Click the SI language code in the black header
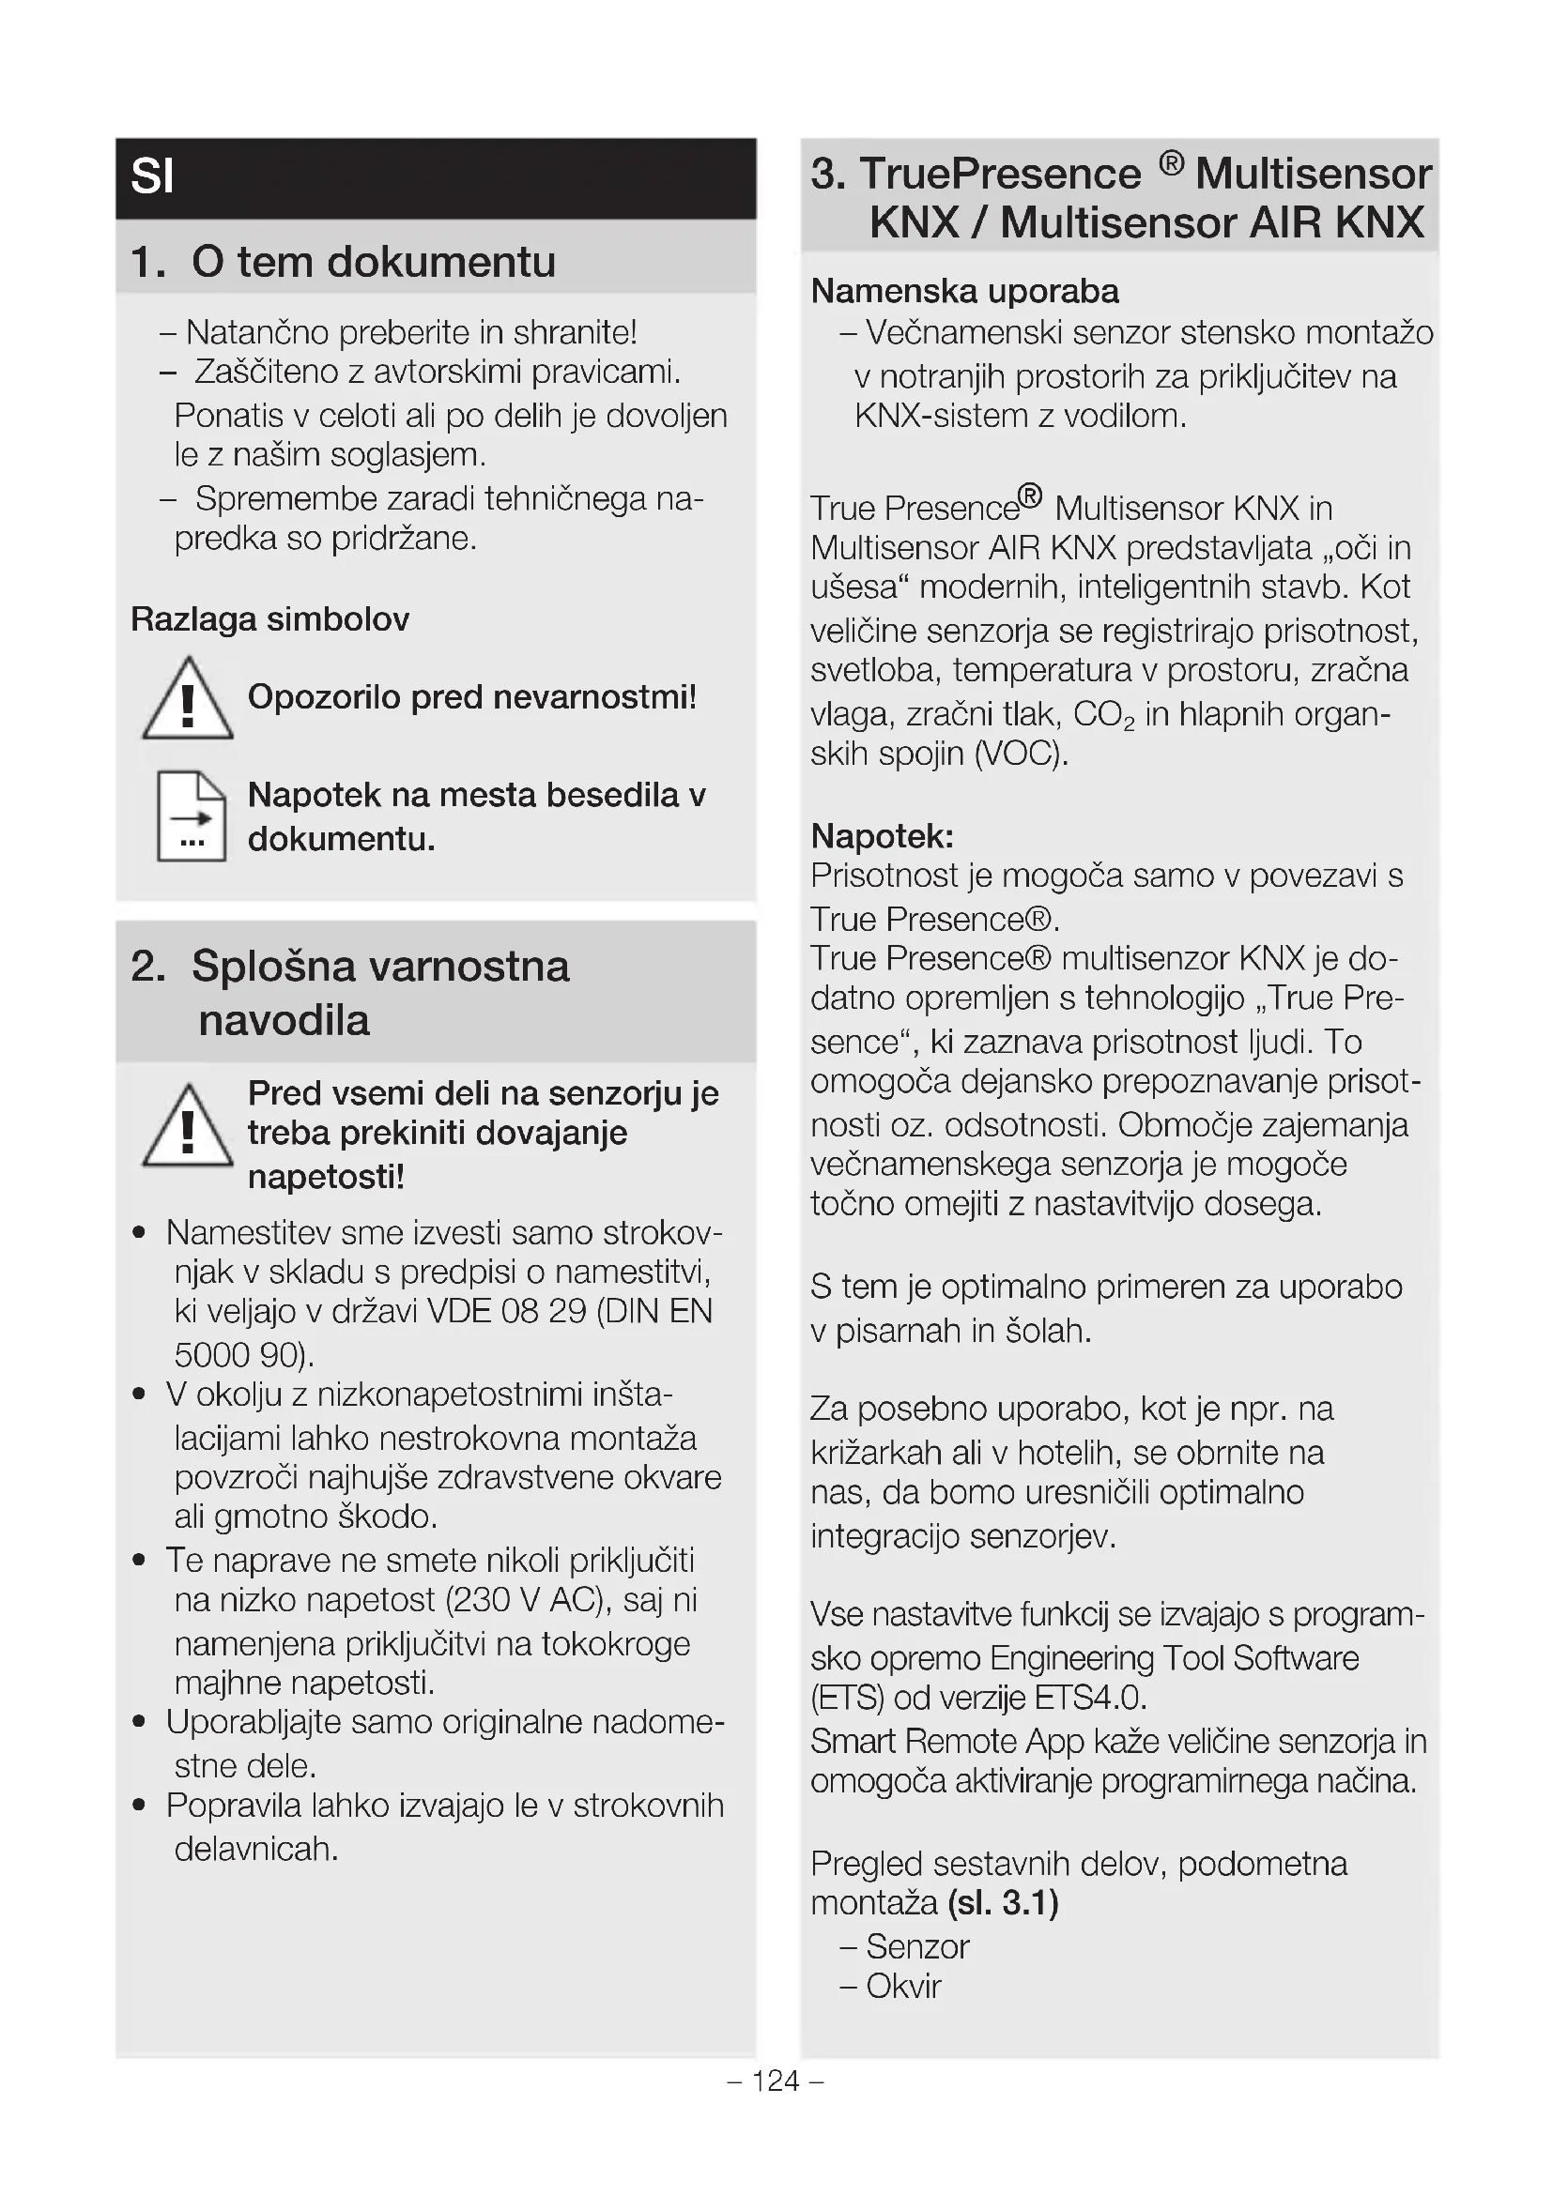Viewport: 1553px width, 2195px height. pos(152,176)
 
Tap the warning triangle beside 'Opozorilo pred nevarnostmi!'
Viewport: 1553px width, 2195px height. pos(188,700)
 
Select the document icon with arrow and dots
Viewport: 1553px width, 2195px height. pos(192,816)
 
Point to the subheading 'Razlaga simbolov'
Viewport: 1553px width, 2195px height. pos(269,619)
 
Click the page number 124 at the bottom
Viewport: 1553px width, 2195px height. pos(776,2081)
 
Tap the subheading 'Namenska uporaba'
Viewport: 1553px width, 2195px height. pos(964,291)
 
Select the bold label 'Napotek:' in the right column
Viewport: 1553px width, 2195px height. pos(882,836)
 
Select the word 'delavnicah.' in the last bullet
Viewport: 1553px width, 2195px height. pos(256,1849)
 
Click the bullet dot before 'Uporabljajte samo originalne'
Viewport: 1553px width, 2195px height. pos(140,1722)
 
